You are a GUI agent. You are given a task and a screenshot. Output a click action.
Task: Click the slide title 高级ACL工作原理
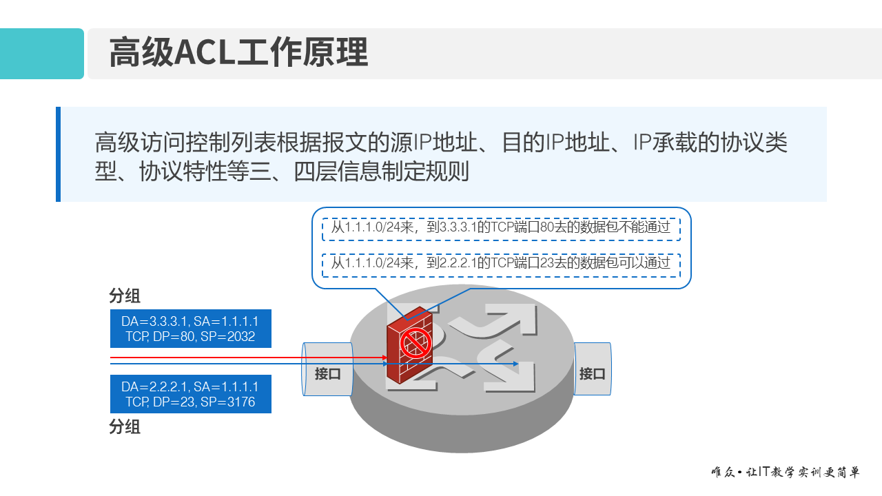pyautogui.click(x=238, y=54)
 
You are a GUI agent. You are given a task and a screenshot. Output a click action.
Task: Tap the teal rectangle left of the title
pyautogui.click(x=41, y=54)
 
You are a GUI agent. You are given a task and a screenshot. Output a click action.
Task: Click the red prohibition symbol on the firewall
pyautogui.click(x=416, y=342)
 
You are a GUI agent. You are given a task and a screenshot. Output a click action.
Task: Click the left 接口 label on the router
pyautogui.click(x=327, y=374)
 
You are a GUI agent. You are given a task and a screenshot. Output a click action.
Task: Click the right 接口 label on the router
pyautogui.click(x=592, y=374)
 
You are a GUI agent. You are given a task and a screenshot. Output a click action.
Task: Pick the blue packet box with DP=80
pyautogui.click(x=191, y=329)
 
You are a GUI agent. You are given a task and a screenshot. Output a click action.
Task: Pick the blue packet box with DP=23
pyautogui.click(x=191, y=394)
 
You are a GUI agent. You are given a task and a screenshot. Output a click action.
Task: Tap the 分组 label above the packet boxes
pyautogui.click(x=125, y=296)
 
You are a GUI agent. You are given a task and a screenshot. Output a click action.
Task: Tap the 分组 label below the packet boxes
pyautogui.click(x=125, y=427)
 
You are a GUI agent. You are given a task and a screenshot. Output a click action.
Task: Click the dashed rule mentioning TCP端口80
pyautogui.click(x=501, y=228)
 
